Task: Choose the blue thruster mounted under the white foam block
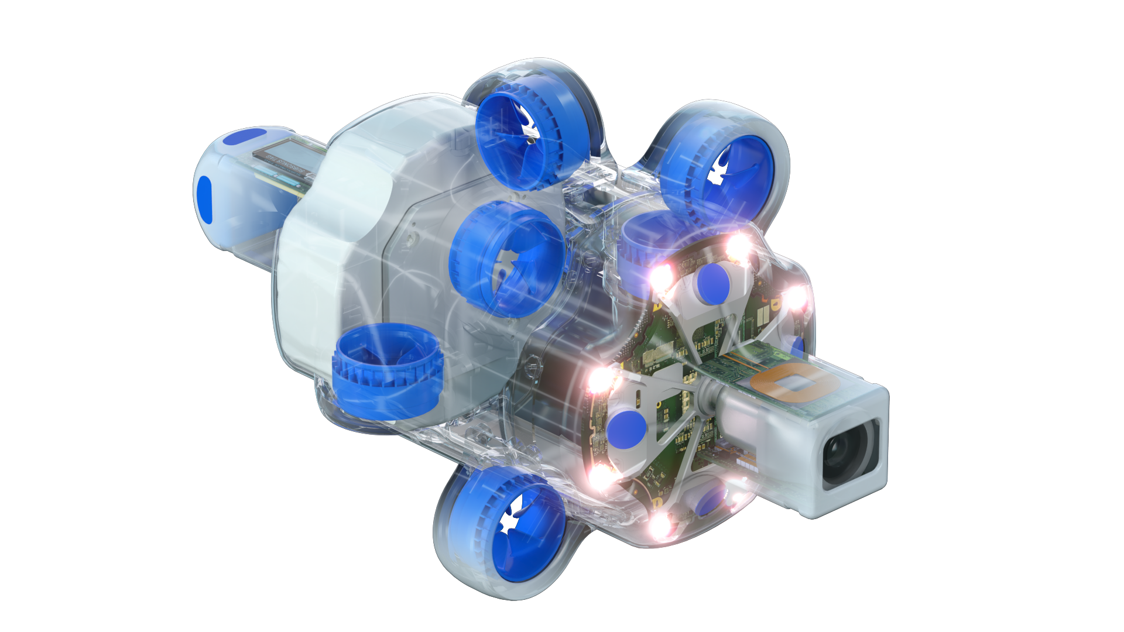coord(387,371)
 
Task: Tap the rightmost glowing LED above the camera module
coord(795,297)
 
